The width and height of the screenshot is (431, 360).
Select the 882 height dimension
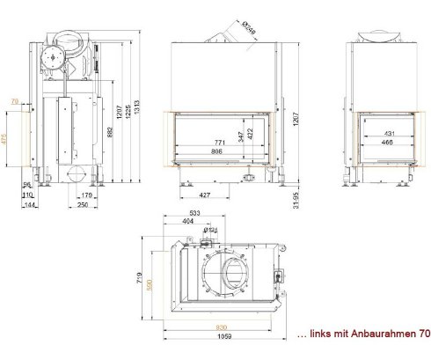point(108,132)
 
